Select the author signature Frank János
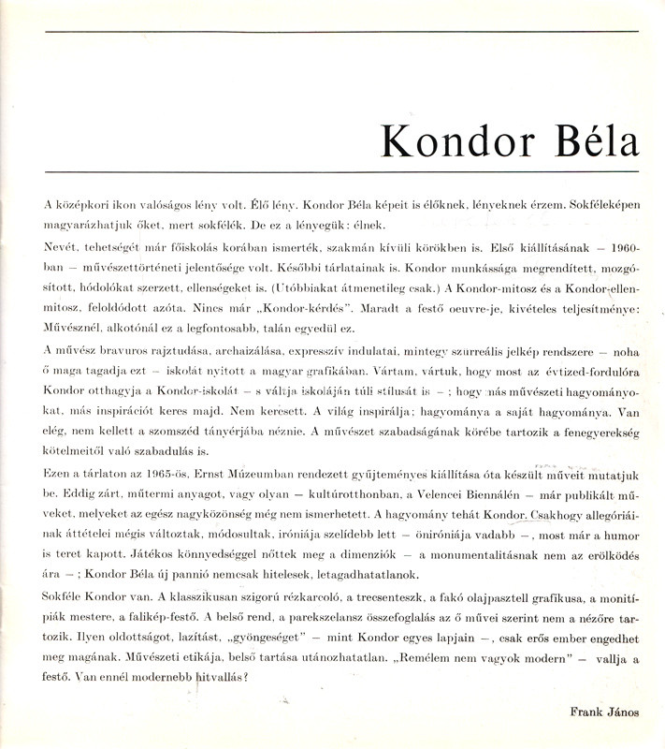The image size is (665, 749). tap(604, 712)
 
